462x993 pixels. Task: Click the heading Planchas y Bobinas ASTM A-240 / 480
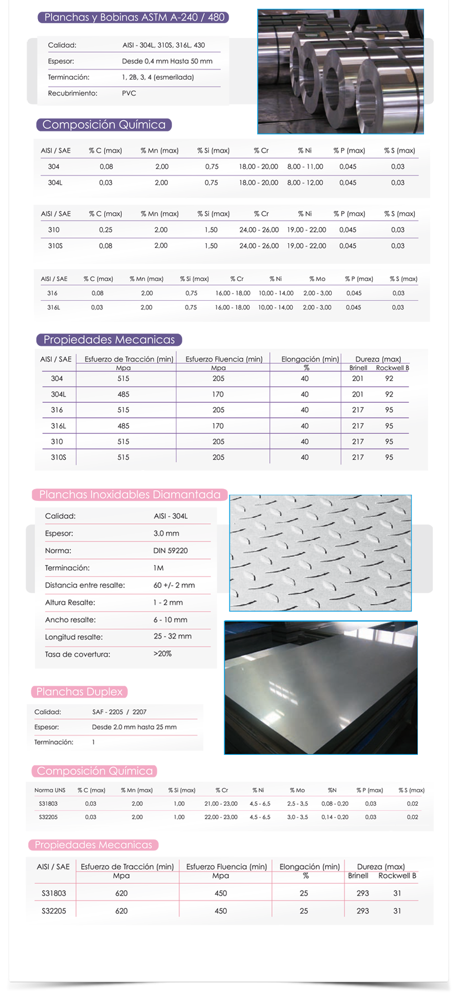[134, 17]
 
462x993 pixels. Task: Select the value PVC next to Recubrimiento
[129, 93]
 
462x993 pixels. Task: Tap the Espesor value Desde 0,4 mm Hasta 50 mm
[167, 62]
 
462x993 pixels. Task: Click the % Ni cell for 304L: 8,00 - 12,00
[305, 183]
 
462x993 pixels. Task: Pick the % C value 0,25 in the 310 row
[106, 230]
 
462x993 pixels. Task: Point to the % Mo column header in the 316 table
[317, 279]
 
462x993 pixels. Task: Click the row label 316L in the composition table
[53, 307]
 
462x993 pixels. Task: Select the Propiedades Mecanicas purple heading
[109, 340]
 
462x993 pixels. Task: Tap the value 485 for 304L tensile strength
[123, 395]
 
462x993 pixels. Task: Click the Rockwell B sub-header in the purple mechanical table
[392, 368]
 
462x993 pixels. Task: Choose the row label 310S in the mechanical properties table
[58, 457]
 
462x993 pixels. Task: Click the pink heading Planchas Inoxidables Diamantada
[130, 495]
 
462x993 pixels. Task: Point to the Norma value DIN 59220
[170, 551]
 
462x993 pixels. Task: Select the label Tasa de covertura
[78, 654]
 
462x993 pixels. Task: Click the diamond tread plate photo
[320, 553]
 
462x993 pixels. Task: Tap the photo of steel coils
[340, 72]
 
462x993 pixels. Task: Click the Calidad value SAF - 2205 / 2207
[119, 712]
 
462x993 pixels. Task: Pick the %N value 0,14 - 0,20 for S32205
[335, 817]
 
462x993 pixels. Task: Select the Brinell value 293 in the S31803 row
[362, 893]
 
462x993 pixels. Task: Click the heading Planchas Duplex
[80, 692]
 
